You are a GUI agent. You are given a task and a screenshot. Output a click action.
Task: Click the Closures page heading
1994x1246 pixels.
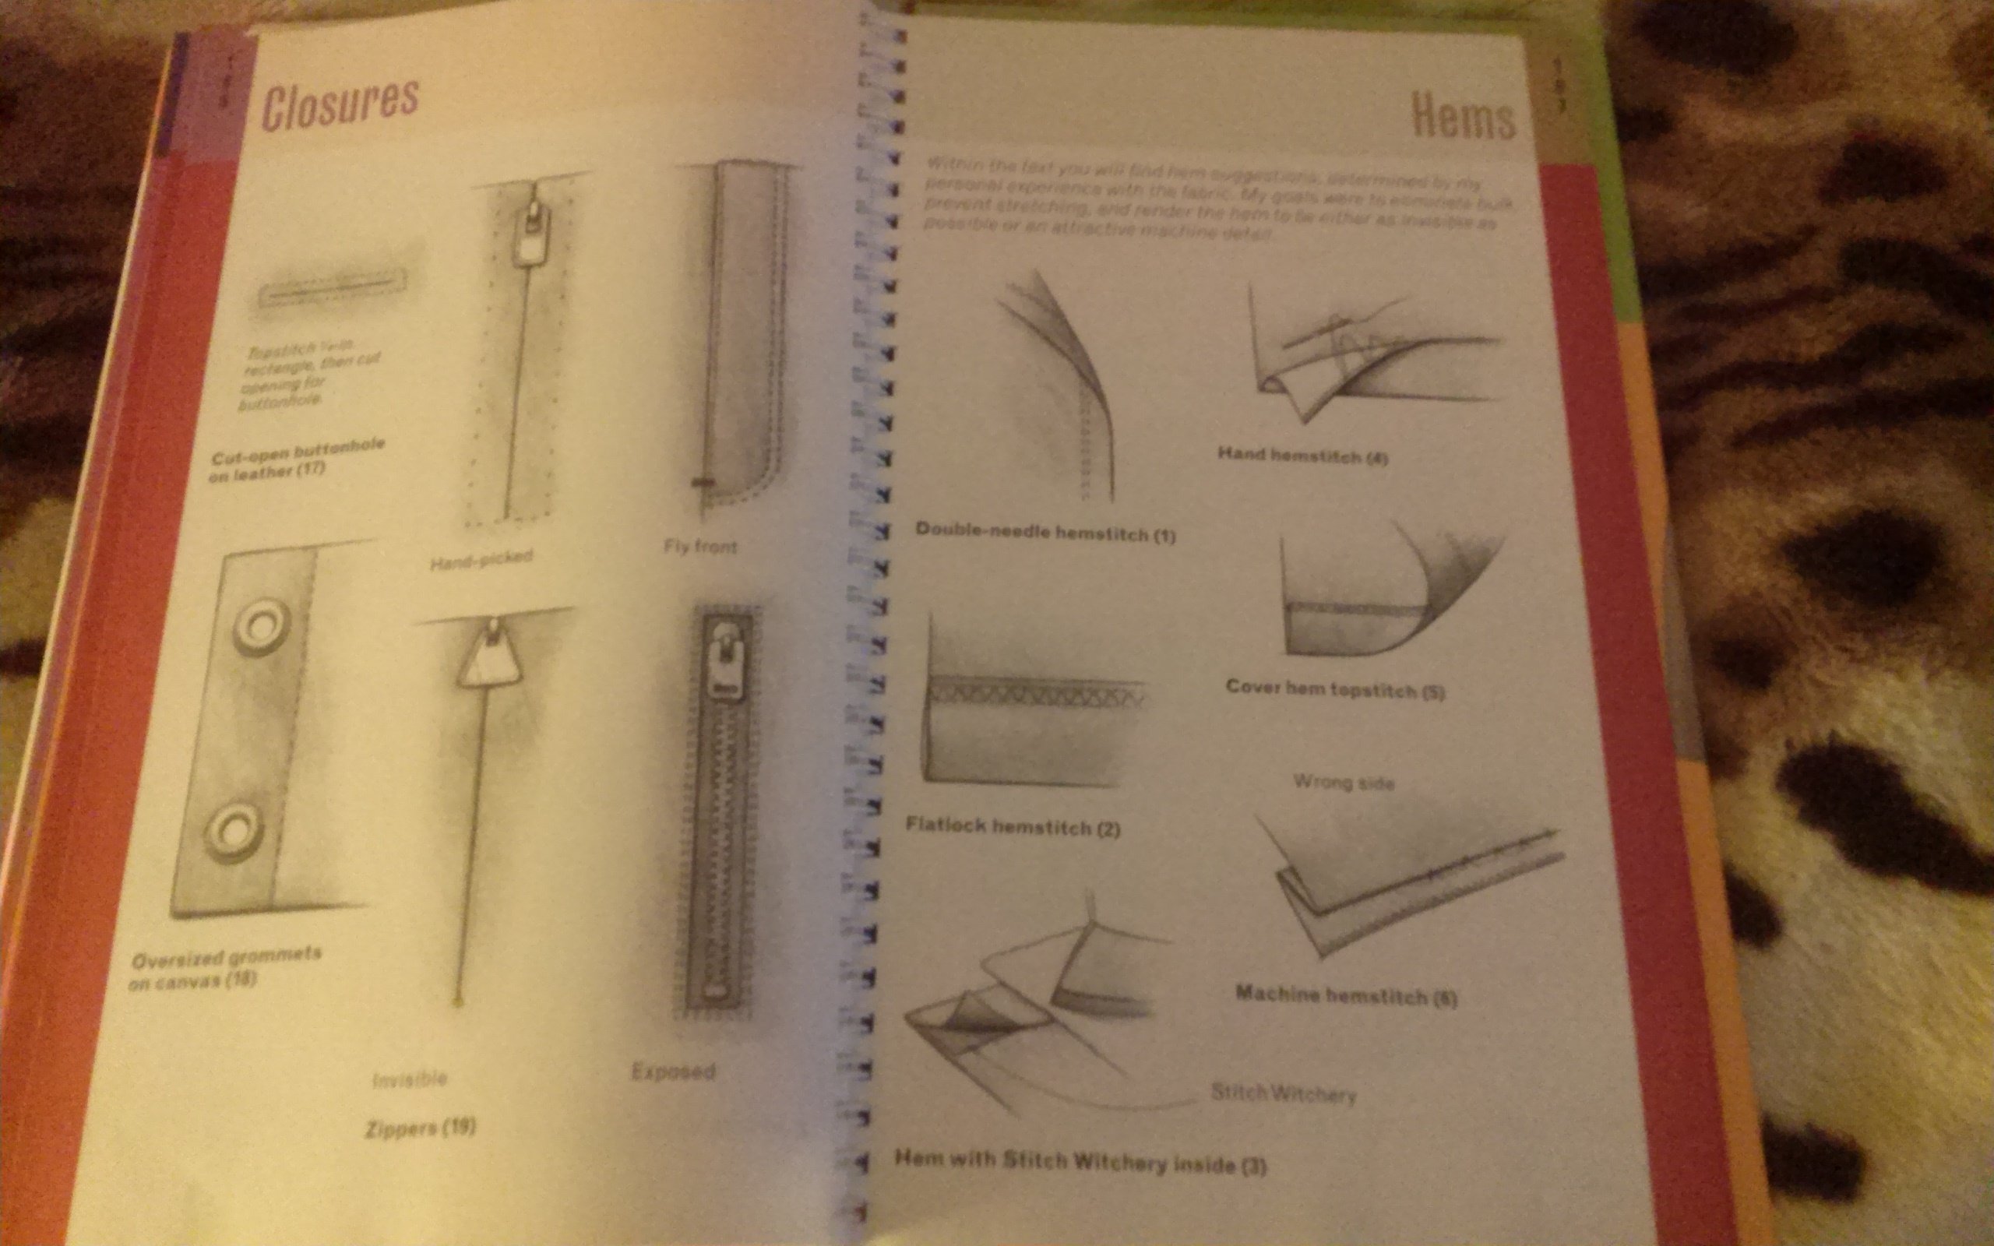tap(340, 103)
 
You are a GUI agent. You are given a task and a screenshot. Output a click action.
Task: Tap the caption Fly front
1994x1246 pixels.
tap(700, 547)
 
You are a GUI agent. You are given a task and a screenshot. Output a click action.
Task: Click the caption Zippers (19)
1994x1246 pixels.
tap(421, 1128)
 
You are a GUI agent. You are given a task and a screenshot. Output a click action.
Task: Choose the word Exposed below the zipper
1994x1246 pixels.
tap(673, 1072)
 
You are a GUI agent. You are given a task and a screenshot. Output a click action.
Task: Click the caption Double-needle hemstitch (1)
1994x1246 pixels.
tap(1045, 533)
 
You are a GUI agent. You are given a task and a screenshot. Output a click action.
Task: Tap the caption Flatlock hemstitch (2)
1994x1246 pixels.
tap(1012, 826)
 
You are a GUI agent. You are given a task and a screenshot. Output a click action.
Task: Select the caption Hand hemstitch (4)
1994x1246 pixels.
tap(1302, 455)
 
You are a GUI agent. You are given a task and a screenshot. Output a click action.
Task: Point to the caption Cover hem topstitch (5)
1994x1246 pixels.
tap(1335, 689)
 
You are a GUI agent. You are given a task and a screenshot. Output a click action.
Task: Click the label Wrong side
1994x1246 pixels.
tap(1343, 781)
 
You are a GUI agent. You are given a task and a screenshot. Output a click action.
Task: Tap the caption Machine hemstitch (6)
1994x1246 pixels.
tap(1345, 995)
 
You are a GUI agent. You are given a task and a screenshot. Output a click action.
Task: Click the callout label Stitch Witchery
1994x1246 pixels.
tap(1283, 1093)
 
